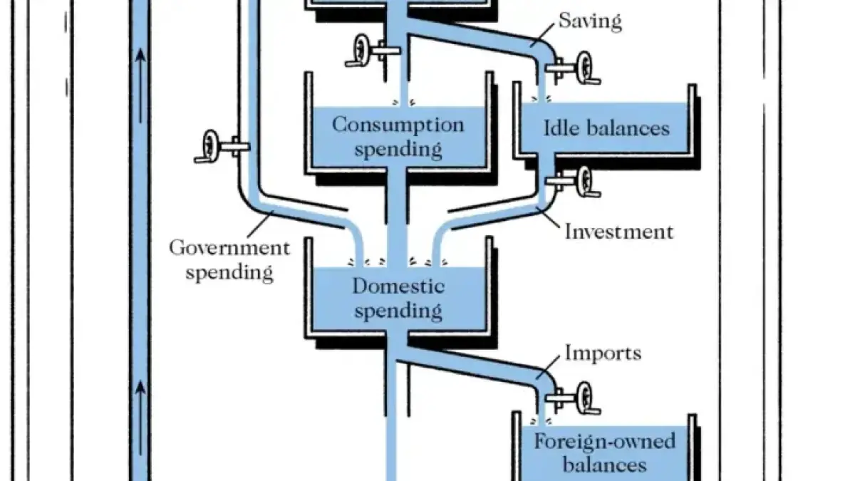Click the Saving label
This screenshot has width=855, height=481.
[x=590, y=21]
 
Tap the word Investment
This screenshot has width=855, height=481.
[x=618, y=232]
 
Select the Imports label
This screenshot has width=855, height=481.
[x=603, y=353]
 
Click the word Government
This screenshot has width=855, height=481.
[x=229, y=249]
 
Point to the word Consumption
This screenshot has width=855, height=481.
[x=398, y=125]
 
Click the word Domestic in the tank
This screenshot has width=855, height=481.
[x=398, y=286]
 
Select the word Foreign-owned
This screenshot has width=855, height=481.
[x=604, y=441]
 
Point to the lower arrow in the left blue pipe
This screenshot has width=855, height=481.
[x=140, y=389]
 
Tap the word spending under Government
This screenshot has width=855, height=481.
[x=229, y=272]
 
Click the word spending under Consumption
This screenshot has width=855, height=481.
[x=398, y=150]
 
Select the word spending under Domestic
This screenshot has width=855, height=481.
[x=398, y=311]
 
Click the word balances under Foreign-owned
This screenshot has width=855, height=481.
[x=604, y=465]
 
